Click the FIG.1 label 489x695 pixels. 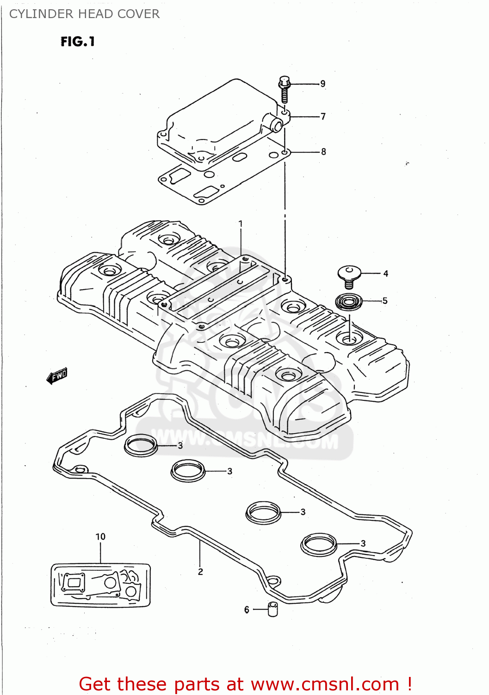coord(78,42)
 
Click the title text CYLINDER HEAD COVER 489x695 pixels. coord(84,14)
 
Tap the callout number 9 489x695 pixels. coord(323,84)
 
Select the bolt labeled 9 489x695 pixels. coord(284,89)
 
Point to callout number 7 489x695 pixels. coord(323,116)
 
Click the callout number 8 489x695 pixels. coord(323,152)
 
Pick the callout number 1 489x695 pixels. coord(241,224)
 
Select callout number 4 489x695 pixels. coord(385,273)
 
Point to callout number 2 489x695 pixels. coord(200,572)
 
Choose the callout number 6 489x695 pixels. coord(247,610)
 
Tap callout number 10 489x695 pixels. coord(100,537)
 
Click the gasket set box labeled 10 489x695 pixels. coord(100,585)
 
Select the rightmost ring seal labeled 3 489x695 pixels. coord(319,544)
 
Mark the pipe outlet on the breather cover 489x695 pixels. coord(276,125)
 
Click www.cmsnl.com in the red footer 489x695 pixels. coord(325,684)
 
